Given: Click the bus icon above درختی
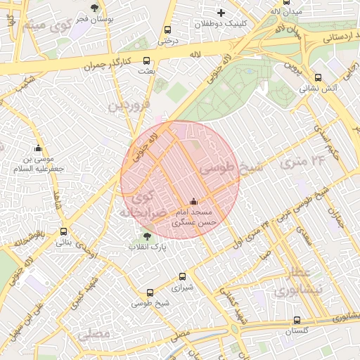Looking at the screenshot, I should (167, 30).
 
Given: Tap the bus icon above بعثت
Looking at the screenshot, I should (146, 60).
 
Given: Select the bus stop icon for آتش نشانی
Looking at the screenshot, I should (318, 78).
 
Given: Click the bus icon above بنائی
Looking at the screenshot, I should (64, 231).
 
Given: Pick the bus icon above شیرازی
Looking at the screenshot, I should (183, 277).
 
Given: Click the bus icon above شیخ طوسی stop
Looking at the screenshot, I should (150, 292).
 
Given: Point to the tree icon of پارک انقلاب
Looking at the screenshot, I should (146, 236).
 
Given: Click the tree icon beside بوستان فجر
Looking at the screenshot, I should (94, 8).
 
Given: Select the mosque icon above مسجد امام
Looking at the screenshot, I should (194, 202).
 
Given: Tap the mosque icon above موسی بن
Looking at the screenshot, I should (38, 148).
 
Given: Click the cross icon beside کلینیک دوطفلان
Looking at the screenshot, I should (221, 13).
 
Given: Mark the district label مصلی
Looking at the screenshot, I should (95, 333).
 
